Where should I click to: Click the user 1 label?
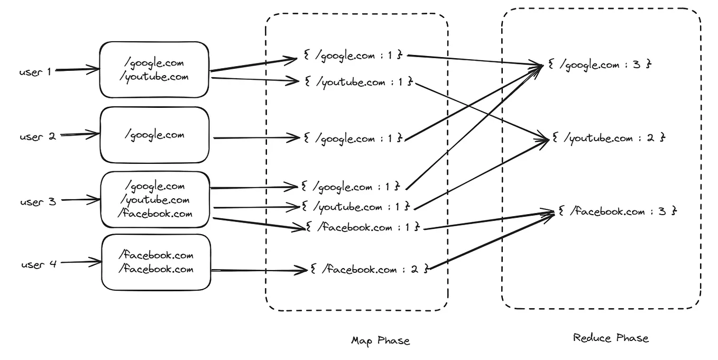tap(35, 72)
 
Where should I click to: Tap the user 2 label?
tap(38, 137)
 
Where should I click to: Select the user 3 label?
tap(38, 201)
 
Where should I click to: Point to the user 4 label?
tap(39, 264)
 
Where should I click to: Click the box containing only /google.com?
tap(154, 135)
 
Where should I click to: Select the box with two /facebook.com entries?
tap(156, 262)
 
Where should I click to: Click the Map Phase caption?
tap(380, 341)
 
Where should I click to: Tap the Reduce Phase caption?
tap(611, 338)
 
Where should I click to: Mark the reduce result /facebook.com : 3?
tap(617, 211)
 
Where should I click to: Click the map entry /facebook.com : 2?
tap(369, 270)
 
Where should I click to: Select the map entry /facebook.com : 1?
tap(363, 227)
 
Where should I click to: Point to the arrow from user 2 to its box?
tap(79, 135)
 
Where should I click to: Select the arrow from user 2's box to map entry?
tap(256, 138)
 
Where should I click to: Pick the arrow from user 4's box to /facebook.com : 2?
tap(259, 270)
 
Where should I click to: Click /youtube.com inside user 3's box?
tap(155, 200)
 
